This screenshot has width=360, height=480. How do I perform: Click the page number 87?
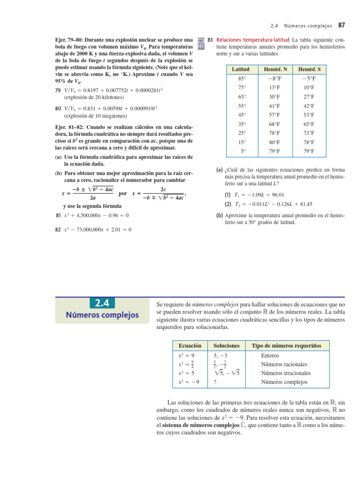(x=341, y=24)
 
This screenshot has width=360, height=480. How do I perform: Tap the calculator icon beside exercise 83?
(x=202, y=43)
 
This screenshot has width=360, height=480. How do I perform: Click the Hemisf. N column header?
(x=272, y=69)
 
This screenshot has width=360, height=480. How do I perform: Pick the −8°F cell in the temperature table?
(x=272, y=78)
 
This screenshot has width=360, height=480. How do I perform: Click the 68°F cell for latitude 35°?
(x=272, y=124)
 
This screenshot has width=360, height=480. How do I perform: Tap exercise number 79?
(x=58, y=89)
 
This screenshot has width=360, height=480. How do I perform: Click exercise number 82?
(x=58, y=230)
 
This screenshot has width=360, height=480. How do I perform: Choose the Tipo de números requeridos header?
(x=286, y=345)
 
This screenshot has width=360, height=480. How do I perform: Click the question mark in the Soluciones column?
(x=215, y=382)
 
